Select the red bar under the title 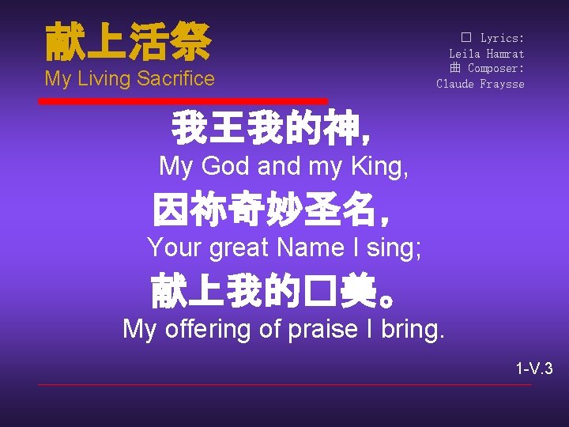tap(183, 101)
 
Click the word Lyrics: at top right tap(502, 38)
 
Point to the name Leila tap(465, 53)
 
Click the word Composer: tap(496, 68)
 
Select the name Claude tap(455, 83)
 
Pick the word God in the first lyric tap(225, 167)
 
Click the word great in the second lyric tap(239, 248)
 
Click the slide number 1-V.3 tap(534, 368)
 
